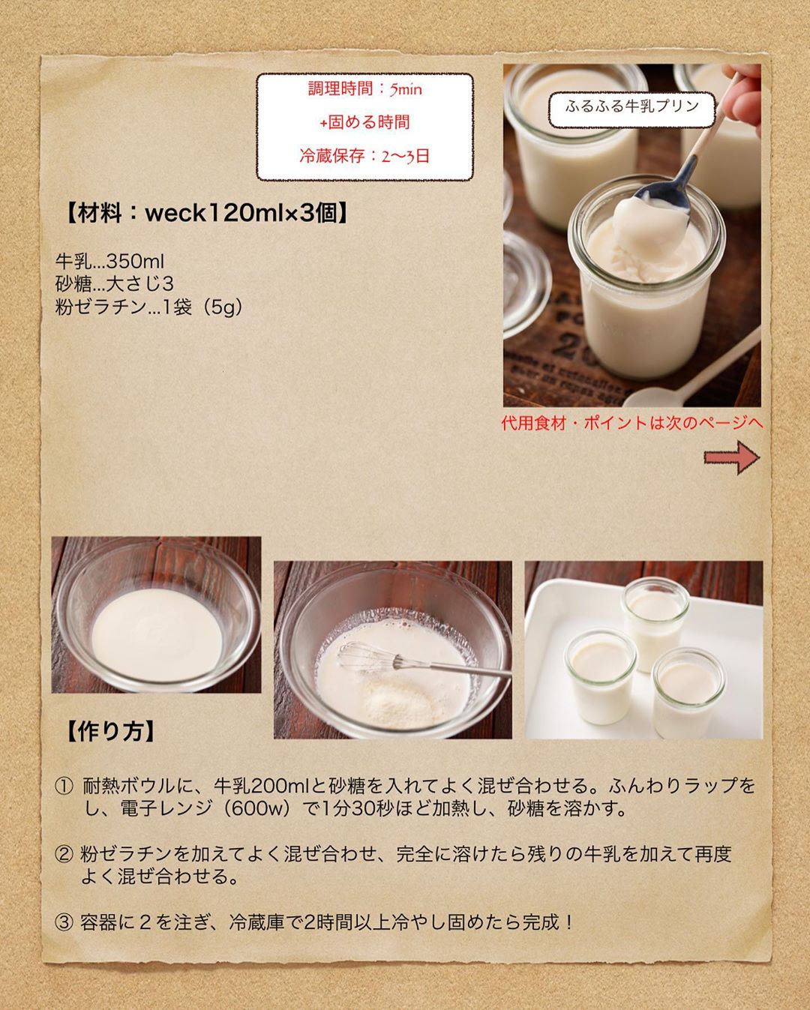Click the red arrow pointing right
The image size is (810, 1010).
[x=731, y=457]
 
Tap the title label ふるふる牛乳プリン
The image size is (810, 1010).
[x=632, y=106]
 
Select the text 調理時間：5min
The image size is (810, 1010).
[x=364, y=88]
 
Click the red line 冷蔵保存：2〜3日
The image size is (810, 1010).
[x=364, y=156]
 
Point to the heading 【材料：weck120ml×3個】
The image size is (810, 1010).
[x=206, y=214]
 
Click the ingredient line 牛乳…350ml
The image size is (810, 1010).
[x=110, y=262]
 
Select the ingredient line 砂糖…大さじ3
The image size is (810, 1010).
[x=115, y=283]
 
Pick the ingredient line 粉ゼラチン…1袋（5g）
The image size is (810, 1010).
[x=148, y=307]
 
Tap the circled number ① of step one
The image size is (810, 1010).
[x=64, y=786]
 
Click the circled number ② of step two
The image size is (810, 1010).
[x=64, y=854]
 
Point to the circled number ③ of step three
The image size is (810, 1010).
[x=64, y=923]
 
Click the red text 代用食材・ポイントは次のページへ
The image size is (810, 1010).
[x=632, y=424]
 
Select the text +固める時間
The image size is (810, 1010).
[x=364, y=122]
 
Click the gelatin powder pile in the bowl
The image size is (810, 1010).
[x=399, y=700]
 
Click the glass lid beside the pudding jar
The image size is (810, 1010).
[x=525, y=282]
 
